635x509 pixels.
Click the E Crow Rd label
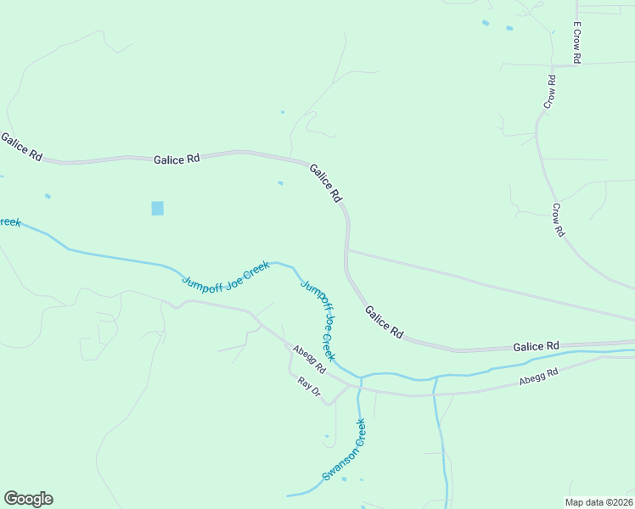(576, 42)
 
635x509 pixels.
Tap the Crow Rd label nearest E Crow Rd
(550, 92)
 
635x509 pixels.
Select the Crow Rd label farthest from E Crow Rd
(558, 220)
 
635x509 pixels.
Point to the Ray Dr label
(309, 388)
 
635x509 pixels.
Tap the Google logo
(28, 499)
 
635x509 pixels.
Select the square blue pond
(157, 208)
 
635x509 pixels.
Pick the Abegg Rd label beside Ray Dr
(308, 360)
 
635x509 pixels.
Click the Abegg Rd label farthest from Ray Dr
(539, 378)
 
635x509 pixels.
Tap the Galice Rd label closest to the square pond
(177, 159)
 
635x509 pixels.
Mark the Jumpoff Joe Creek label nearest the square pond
(226, 277)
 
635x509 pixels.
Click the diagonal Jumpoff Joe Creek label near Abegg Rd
(318, 319)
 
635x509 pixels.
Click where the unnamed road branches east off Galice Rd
(347, 249)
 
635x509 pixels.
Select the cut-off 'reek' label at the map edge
(10, 222)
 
